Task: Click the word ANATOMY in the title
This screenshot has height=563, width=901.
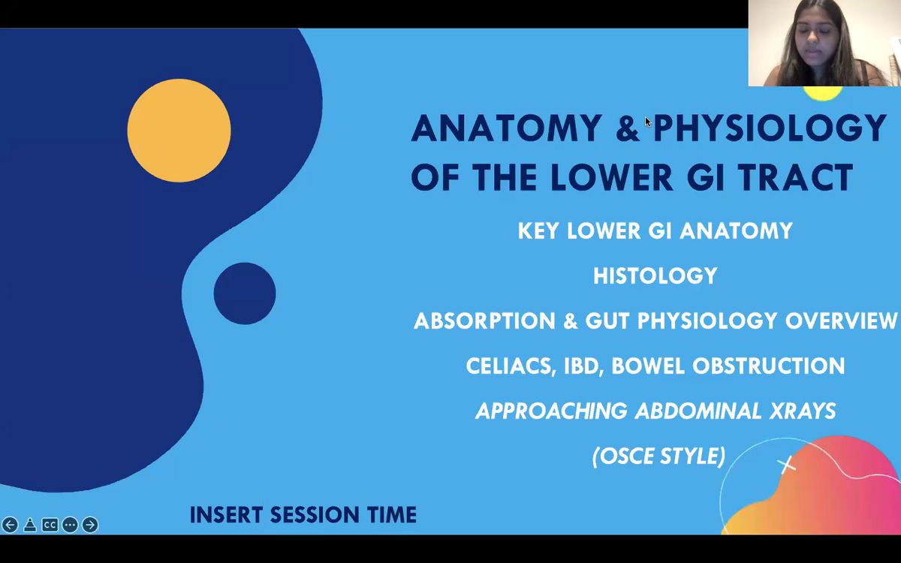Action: (507, 128)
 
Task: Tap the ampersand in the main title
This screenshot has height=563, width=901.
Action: (628, 128)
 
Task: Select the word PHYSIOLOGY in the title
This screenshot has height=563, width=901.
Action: (770, 128)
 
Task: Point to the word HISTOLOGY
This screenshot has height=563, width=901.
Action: (655, 276)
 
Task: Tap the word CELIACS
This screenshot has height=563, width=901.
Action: (511, 366)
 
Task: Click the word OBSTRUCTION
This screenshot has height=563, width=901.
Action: (769, 366)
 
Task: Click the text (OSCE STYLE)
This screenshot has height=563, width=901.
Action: (659, 456)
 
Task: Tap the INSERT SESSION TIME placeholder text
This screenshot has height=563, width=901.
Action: (303, 515)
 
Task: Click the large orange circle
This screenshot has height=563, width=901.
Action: (179, 131)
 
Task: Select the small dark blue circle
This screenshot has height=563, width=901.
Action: (245, 294)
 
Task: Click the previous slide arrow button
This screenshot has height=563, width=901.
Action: (10, 525)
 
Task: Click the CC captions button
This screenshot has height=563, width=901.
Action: (50, 525)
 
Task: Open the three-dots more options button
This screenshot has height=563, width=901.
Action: (70, 525)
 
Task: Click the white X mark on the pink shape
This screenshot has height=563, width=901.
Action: (787, 465)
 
